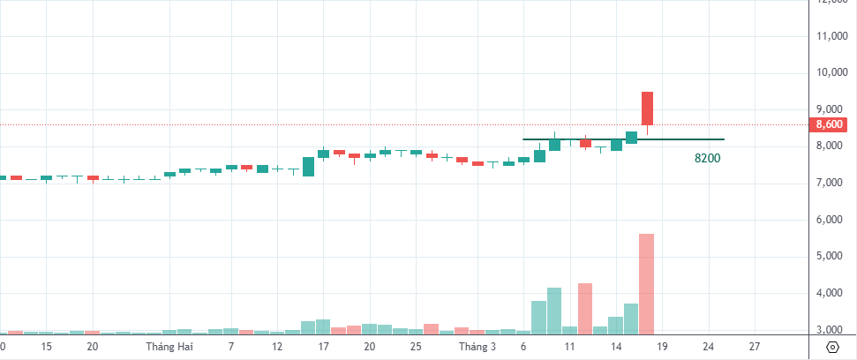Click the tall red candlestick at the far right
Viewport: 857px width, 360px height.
pos(647,109)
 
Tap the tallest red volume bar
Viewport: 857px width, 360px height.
pos(646,283)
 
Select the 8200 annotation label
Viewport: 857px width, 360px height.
pos(708,159)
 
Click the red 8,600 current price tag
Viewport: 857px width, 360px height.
pos(831,124)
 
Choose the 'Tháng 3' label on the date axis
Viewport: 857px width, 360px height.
pos(479,348)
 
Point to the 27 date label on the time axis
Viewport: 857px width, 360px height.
pos(755,348)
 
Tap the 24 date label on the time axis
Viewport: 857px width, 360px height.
pos(709,348)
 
